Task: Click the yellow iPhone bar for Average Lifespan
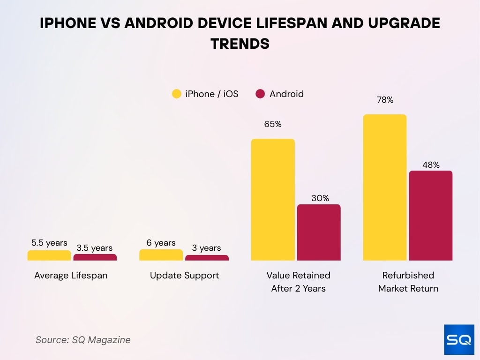point(49,255)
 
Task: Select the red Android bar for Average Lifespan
point(95,257)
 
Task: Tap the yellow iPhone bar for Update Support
point(161,255)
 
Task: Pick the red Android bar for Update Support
point(207,258)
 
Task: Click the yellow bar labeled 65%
point(273,199)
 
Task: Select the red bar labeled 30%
point(319,232)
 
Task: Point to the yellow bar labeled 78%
point(385,187)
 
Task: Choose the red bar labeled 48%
point(431,216)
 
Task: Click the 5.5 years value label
point(49,243)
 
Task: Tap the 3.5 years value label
point(95,248)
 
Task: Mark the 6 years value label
point(161,243)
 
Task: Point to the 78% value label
point(384,100)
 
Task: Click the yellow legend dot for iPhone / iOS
point(176,94)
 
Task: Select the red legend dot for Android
point(261,94)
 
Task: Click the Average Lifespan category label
point(71,276)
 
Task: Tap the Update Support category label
point(184,276)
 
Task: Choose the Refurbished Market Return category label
point(408,282)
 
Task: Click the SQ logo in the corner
point(458,340)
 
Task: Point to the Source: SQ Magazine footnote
point(83,340)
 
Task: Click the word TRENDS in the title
point(240,44)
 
